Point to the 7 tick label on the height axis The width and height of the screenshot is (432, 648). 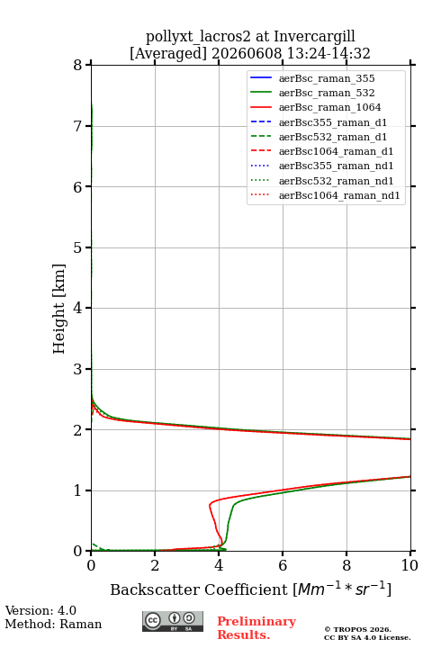[x=78, y=126]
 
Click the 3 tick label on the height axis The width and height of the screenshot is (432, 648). [x=78, y=369]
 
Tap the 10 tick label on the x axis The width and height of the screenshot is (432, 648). [x=409, y=565]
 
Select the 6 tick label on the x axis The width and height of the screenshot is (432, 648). [x=283, y=565]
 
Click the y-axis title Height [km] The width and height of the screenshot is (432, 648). [x=59, y=309]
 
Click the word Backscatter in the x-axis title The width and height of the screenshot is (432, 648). [x=156, y=589]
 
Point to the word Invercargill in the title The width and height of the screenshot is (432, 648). [x=315, y=37]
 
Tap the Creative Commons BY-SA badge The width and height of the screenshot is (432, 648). [x=173, y=622]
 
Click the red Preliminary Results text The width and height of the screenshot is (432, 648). [x=256, y=628]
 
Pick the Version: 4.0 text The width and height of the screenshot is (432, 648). [x=40, y=611]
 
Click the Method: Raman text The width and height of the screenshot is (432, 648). [x=53, y=624]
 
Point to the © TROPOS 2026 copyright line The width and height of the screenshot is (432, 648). [x=357, y=629]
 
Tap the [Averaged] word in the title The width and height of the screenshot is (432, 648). [x=167, y=54]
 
